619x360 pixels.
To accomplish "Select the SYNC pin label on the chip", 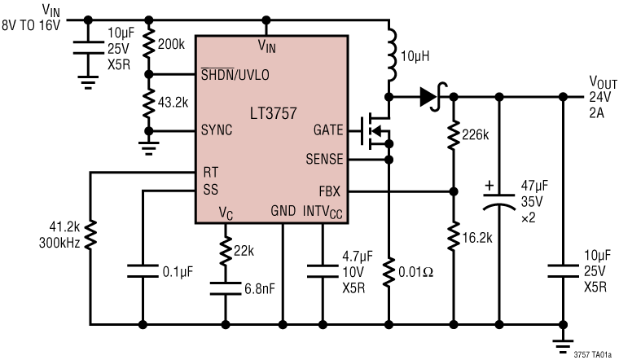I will point(217,130).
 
